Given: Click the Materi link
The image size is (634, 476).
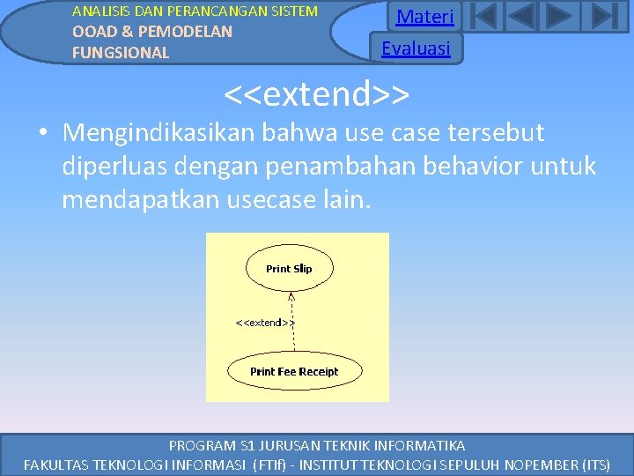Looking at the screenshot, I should (424, 17).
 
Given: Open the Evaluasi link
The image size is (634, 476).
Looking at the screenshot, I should (416, 48).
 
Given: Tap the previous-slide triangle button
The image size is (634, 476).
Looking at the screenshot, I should (521, 17).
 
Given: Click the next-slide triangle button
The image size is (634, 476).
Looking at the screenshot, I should (559, 17).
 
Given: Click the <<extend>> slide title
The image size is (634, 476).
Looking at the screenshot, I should (317, 93).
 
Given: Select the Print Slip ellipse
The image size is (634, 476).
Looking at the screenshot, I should (289, 269).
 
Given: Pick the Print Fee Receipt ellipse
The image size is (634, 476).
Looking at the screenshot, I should (294, 371).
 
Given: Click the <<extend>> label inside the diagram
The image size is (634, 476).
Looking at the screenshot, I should (264, 323).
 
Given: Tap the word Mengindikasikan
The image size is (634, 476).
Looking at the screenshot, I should (157, 133).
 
